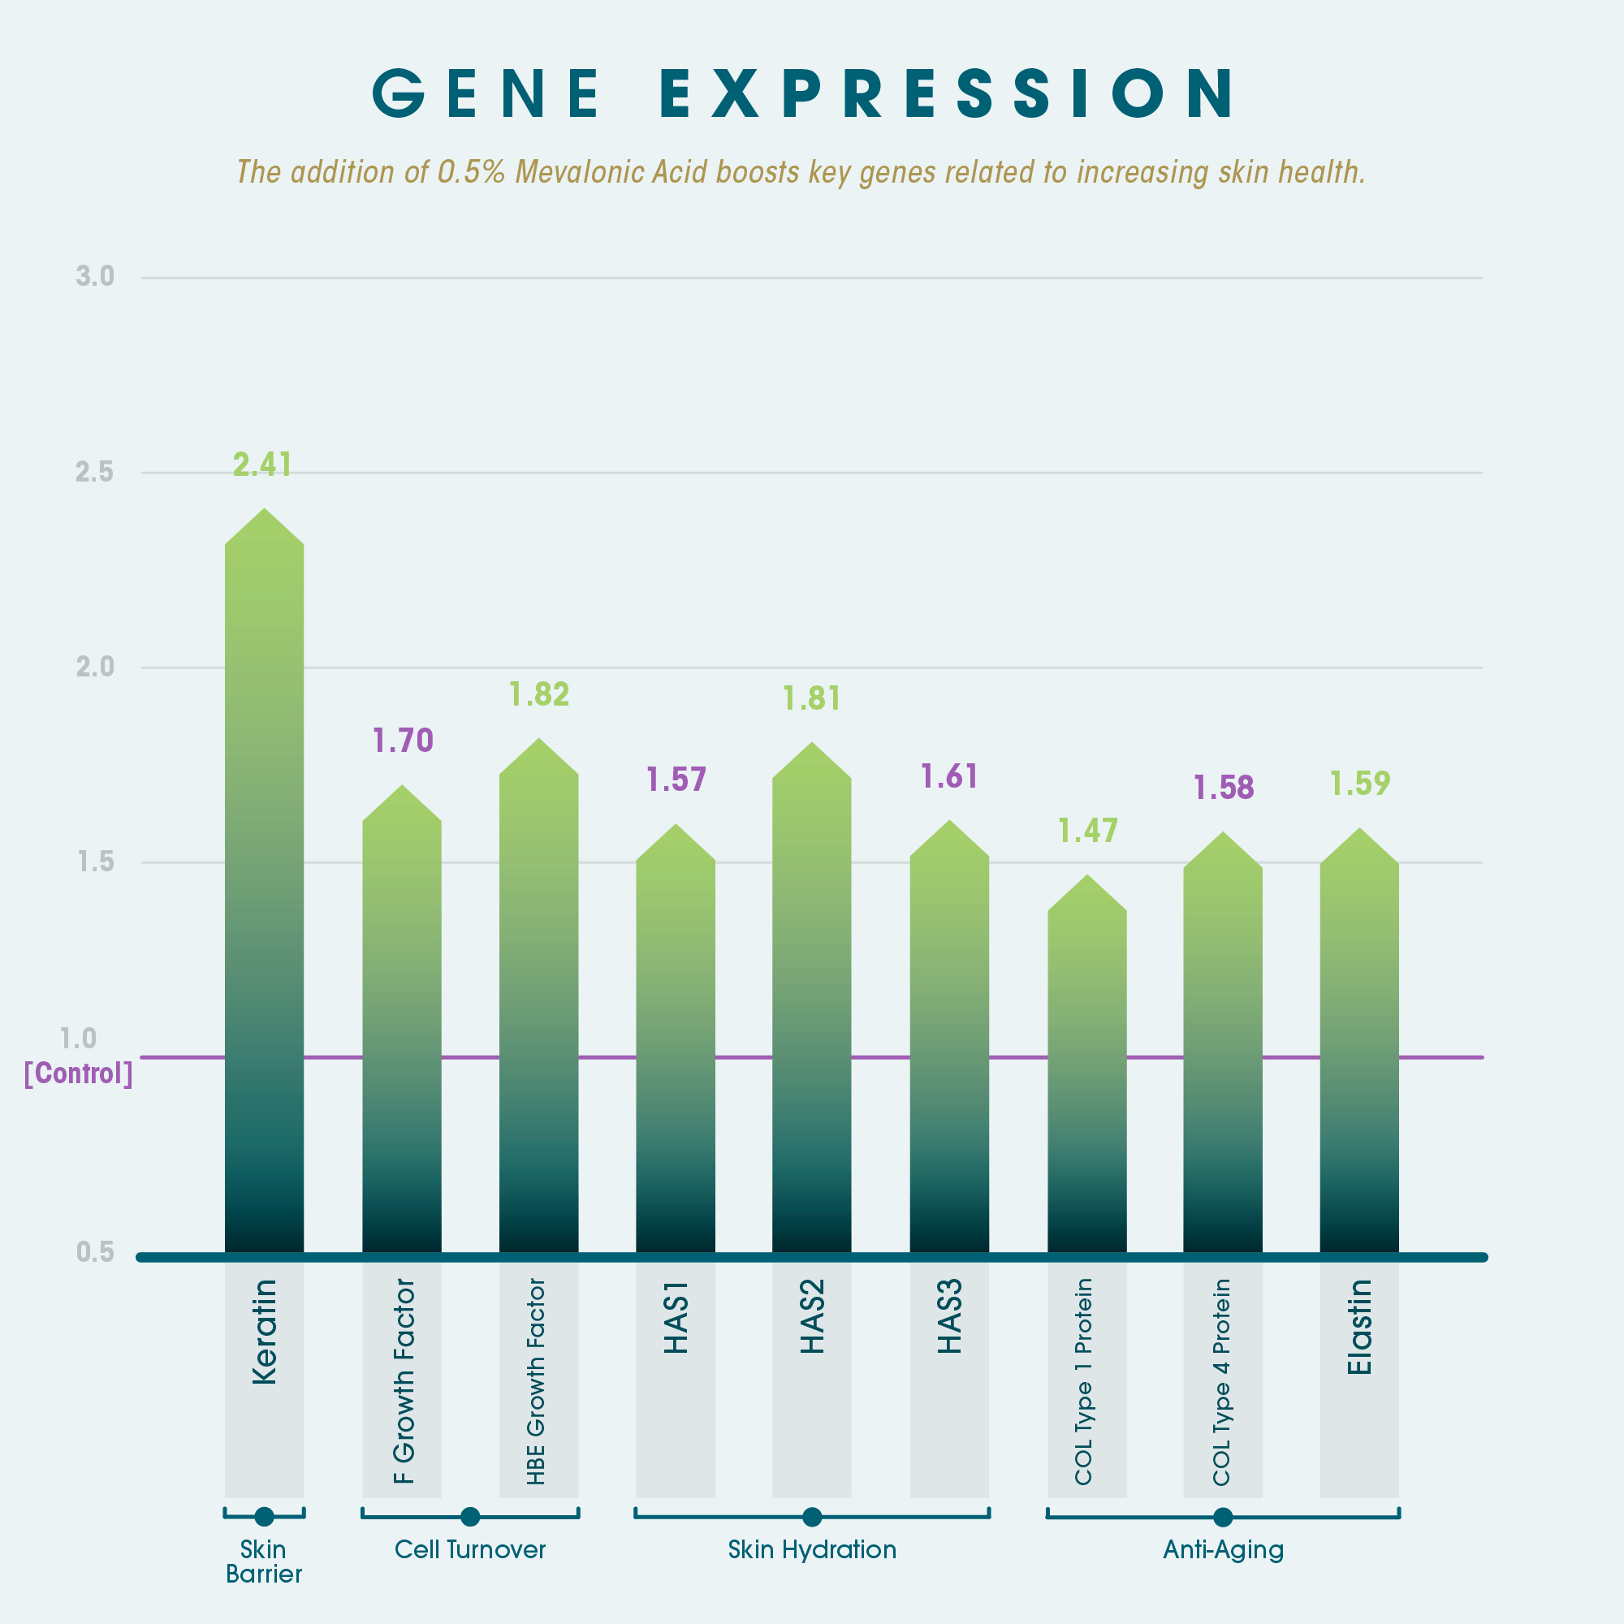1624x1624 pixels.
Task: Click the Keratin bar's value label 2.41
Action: tap(262, 464)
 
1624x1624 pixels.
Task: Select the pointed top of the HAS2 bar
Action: tap(811, 745)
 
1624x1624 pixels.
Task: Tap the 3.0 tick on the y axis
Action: tap(95, 277)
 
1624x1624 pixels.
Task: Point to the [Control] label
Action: tap(78, 1073)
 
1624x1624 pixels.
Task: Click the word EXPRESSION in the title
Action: tap(947, 93)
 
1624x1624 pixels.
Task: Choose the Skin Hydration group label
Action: tap(812, 1550)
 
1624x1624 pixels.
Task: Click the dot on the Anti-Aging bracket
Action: tap(1223, 1518)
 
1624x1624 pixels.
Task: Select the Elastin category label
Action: tap(1359, 1328)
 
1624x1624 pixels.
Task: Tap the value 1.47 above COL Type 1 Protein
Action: tap(1087, 831)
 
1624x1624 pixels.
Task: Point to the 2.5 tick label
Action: tap(95, 473)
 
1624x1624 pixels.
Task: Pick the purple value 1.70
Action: tap(403, 741)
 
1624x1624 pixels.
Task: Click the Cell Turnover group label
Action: tap(470, 1550)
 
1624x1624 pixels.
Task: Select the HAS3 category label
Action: tap(949, 1317)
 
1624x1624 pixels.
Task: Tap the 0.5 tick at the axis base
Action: tap(95, 1252)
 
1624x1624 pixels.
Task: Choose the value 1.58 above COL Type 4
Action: tap(1223, 788)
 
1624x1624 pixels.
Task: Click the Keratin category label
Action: tap(264, 1332)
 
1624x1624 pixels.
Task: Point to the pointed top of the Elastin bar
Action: tap(1359, 831)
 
